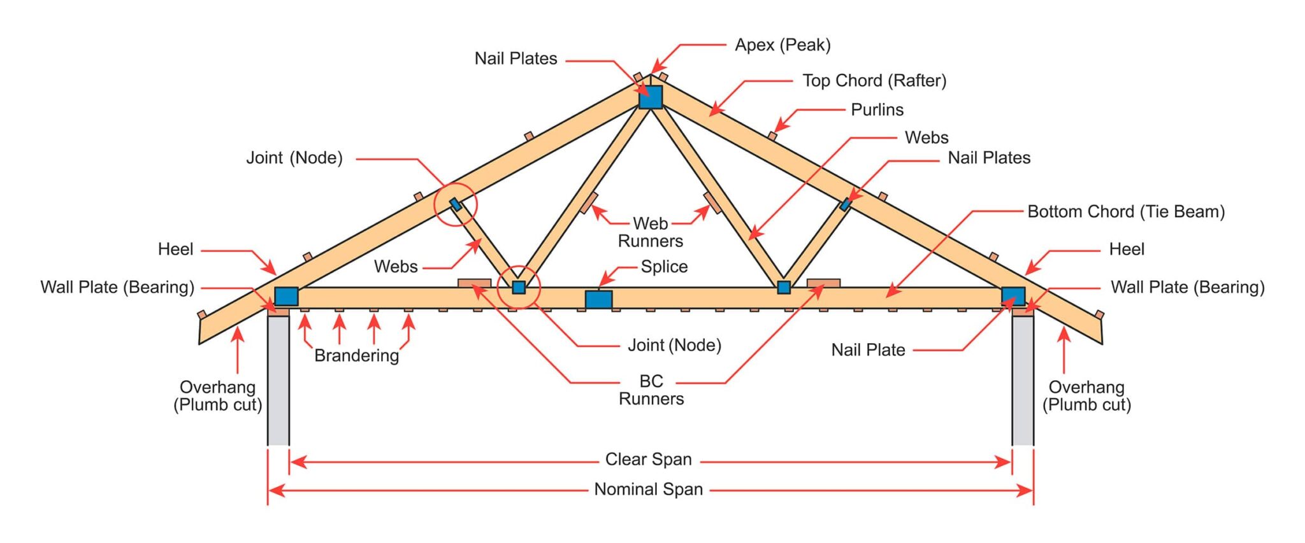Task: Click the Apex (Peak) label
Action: tap(782, 45)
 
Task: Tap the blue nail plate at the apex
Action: tap(651, 97)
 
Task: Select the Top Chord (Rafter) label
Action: tap(874, 81)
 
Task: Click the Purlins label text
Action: tap(877, 110)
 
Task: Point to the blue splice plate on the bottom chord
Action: tap(598, 299)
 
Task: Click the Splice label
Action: tap(664, 267)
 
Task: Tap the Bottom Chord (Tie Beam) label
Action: tap(1125, 212)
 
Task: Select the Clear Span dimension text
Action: tap(648, 460)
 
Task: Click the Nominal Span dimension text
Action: tap(648, 490)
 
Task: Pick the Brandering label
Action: tap(356, 356)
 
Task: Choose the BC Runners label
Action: tap(651, 390)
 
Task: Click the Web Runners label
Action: tap(651, 232)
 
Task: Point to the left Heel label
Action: tap(175, 250)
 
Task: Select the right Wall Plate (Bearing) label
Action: tap(1187, 287)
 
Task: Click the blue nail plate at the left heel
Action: tap(286, 296)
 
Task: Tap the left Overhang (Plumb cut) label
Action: tap(218, 396)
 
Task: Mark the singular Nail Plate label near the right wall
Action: tap(868, 350)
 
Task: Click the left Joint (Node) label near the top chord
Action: tap(294, 158)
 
